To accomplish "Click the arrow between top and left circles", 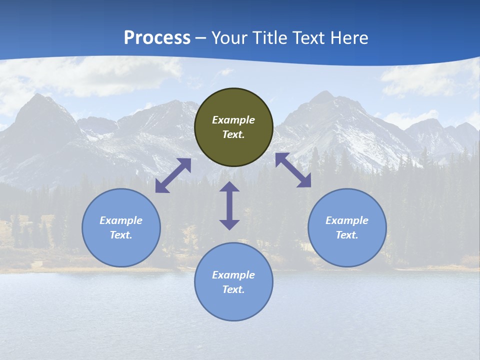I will point(173,175).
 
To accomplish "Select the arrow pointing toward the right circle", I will point(293,170).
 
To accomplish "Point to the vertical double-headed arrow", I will point(229,205).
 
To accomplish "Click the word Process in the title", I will point(157,37).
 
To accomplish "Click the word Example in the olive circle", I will point(233,120).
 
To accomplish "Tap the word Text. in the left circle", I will point(121,235).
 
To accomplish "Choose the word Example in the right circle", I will point(347,220).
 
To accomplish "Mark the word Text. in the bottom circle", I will point(233,289).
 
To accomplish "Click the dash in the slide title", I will point(201,38).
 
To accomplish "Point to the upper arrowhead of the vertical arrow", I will point(229,187).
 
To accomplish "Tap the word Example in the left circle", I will point(121,220).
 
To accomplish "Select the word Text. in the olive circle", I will point(233,134).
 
